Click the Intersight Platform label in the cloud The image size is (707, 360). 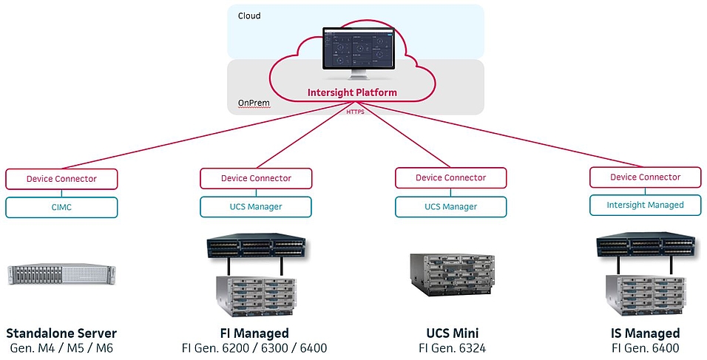(352, 93)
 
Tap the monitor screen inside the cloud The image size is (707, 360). (356, 50)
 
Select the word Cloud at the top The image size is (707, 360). (249, 16)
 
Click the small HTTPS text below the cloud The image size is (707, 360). (356, 112)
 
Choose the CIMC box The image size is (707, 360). (61, 207)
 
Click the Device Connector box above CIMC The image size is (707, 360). (61, 179)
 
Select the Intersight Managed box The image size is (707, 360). (645, 205)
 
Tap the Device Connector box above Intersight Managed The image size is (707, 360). (645, 177)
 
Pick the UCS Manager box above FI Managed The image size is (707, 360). (256, 206)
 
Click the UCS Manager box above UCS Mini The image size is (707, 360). (450, 207)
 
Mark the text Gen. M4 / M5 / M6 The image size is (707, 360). (61, 348)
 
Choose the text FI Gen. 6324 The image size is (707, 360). (451, 348)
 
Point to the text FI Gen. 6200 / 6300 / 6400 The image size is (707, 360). (254, 348)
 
